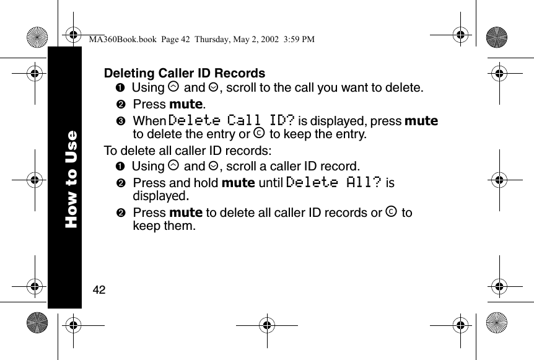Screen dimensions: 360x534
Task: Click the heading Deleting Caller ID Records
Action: (x=185, y=74)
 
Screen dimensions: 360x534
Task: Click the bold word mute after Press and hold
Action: (x=238, y=183)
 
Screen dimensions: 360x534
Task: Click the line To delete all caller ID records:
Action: (x=187, y=151)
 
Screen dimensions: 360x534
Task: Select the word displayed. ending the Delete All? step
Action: (x=160, y=196)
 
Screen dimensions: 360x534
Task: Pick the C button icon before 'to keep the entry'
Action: (x=260, y=134)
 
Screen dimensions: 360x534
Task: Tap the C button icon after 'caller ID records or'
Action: (x=392, y=213)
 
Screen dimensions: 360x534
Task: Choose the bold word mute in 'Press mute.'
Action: (x=186, y=103)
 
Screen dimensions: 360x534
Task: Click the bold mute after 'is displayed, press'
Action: (x=421, y=120)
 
